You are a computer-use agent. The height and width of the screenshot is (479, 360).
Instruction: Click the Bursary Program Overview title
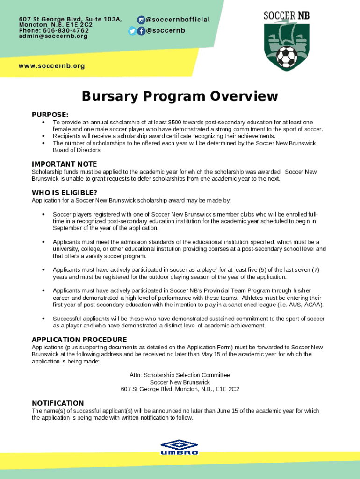tap(180, 96)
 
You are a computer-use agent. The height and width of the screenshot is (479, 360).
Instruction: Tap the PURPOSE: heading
tap(50, 115)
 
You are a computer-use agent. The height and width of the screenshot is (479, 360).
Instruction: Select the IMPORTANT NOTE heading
tap(64, 164)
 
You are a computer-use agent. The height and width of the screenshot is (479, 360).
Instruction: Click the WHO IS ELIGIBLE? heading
tap(65, 193)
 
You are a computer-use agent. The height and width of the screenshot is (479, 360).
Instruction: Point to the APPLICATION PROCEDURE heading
tap(79, 339)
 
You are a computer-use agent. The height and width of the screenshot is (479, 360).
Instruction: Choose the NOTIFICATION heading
tap(58, 403)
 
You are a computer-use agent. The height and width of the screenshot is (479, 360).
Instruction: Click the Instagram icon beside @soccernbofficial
tap(141, 20)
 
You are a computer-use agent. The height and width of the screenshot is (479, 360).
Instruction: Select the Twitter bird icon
tap(132, 31)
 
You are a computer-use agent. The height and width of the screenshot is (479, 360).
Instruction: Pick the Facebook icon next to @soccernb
tap(141, 31)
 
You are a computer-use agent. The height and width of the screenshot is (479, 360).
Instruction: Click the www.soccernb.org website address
tap(52, 66)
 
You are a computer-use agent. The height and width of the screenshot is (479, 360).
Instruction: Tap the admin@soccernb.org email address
tap(53, 36)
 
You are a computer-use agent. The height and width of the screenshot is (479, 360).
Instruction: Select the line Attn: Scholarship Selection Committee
tap(180, 375)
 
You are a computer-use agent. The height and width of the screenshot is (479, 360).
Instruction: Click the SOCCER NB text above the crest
tap(287, 16)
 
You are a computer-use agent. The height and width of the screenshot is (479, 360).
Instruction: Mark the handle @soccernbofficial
tap(178, 20)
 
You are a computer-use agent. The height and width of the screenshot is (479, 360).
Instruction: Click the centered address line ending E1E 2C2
tap(180, 389)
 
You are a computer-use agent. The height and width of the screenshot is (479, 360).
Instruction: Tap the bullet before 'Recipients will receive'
tap(43, 136)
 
